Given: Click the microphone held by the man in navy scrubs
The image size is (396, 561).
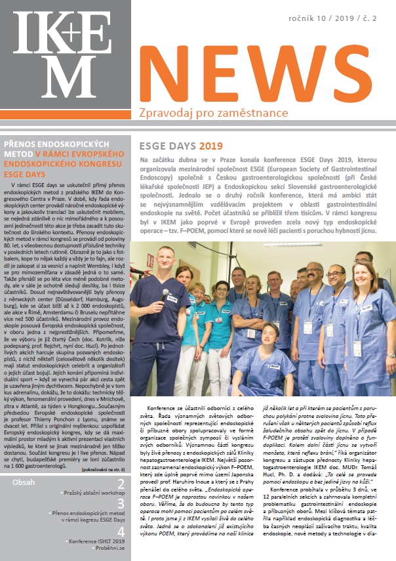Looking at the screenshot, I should click(x=165, y=295).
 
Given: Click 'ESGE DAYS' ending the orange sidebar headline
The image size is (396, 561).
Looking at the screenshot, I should click(x=25, y=175).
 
